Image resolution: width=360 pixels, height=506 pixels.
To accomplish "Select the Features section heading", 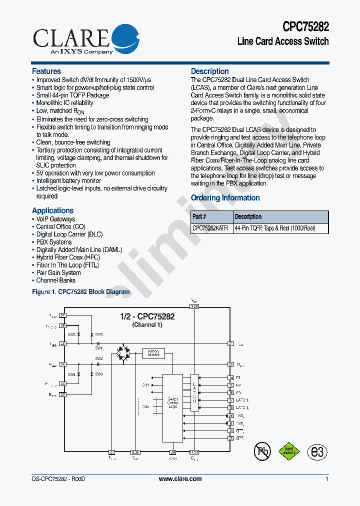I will pyautogui.click(x=46, y=71).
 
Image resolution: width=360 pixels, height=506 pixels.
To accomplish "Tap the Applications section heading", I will pyautogui.click(x=52, y=210).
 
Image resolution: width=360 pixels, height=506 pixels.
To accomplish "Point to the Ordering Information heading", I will pyautogui.click(x=225, y=198).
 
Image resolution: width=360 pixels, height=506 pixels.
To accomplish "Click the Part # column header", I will pyautogui.click(x=199, y=217).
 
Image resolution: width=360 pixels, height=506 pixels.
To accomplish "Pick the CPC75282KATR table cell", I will pyautogui.click(x=210, y=228).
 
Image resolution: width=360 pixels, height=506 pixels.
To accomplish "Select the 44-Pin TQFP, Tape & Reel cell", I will pyautogui.click(x=274, y=228).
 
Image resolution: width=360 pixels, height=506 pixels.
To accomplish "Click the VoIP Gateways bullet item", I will pyautogui.click(x=55, y=219).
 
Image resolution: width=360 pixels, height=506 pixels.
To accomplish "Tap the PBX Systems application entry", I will pyautogui.click(x=53, y=242).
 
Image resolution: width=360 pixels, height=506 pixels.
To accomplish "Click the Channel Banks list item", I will pyautogui.click(x=55, y=280).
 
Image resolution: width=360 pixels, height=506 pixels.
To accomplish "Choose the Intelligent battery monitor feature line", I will pyautogui.click(x=68, y=181).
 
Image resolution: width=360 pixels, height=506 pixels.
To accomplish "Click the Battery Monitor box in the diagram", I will pyautogui.click(x=153, y=353).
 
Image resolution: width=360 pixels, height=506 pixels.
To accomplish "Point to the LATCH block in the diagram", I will pyautogui.click(x=194, y=392).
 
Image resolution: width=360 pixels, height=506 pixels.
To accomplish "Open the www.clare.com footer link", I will pyautogui.click(x=180, y=479).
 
